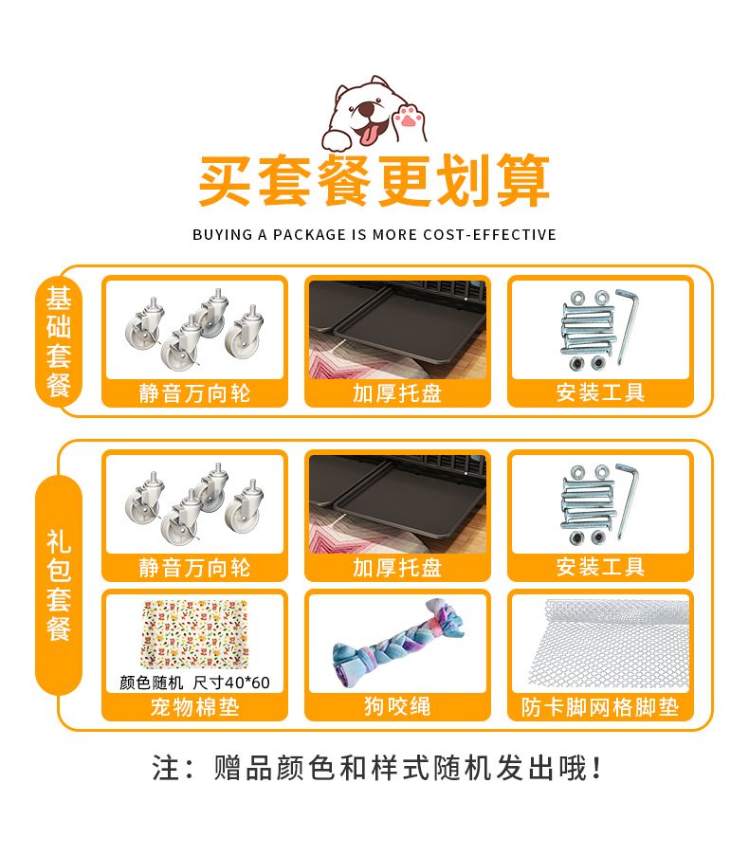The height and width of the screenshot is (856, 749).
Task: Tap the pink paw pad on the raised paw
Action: pyautogui.click(x=408, y=117)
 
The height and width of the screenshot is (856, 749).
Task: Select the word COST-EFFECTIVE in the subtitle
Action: pyautogui.click(x=489, y=235)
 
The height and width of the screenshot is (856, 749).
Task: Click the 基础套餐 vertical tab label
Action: pyautogui.click(x=59, y=342)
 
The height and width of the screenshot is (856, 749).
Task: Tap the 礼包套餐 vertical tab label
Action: pyautogui.click(x=59, y=585)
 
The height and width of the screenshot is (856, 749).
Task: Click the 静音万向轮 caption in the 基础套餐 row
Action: pyautogui.click(x=194, y=393)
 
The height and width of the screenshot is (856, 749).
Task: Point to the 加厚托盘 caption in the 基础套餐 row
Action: pyautogui.click(x=397, y=393)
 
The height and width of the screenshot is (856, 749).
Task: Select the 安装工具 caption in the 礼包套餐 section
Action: pyautogui.click(x=600, y=567)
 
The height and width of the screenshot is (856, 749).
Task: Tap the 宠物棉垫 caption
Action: pyautogui.click(x=194, y=707)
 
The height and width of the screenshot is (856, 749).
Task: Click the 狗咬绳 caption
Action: pyautogui.click(x=397, y=706)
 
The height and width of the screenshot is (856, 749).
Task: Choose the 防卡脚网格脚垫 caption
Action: pyautogui.click(x=600, y=707)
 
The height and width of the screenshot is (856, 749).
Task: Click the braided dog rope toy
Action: pyautogui.click(x=398, y=643)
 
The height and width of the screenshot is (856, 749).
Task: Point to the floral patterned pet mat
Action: pyautogui.click(x=194, y=634)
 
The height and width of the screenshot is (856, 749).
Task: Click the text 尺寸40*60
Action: pyautogui.click(x=231, y=683)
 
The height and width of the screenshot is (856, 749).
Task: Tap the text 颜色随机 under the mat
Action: pyautogui.click(x=151, y=683)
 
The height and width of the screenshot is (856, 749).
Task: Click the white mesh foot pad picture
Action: pyautogui.click(x=607, y=645)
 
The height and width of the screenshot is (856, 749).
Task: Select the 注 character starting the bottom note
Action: pyautogui.click(x=166, y=768)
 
